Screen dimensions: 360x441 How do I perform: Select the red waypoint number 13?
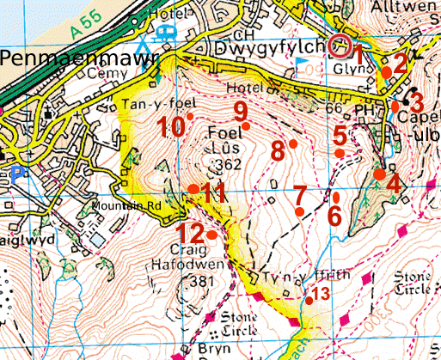coord(319,294)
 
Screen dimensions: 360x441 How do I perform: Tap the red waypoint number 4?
coord(394,183)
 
